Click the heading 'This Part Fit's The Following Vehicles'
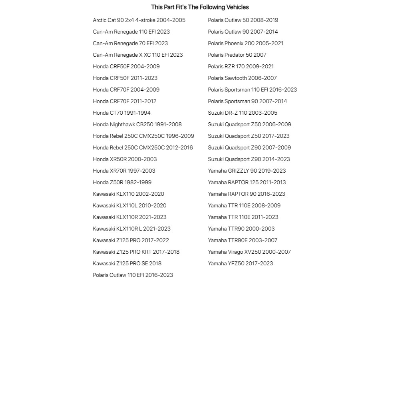[x=200, y=7]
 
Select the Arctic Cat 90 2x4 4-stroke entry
[x=139, y=20]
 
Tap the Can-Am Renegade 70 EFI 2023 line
[x=130, y=43]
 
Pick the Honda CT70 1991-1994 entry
[x=121, y=113]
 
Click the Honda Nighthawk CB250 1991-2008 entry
[x=137, y=124]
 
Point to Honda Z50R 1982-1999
[x=122, y=182]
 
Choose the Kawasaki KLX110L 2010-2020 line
[x=129, y=205]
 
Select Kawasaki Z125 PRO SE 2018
[x=127, y=263]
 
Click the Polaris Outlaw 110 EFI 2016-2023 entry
[x=133, y=275]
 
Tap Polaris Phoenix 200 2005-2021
[x=245, y=43]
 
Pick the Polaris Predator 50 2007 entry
[x=237, y=55]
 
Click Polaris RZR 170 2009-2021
[x=241, y=66]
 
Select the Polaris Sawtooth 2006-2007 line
[x=242, y=78]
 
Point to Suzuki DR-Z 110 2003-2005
[x=243, y=113]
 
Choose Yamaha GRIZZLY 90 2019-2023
[x=247, y=171]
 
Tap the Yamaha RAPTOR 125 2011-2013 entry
[x=247, y=182]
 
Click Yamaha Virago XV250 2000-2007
[x=249, y=252]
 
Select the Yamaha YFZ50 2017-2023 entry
[x=240, y=263]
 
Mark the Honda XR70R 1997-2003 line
[x=124, y=171]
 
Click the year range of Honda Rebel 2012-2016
[x=179, y=147]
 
